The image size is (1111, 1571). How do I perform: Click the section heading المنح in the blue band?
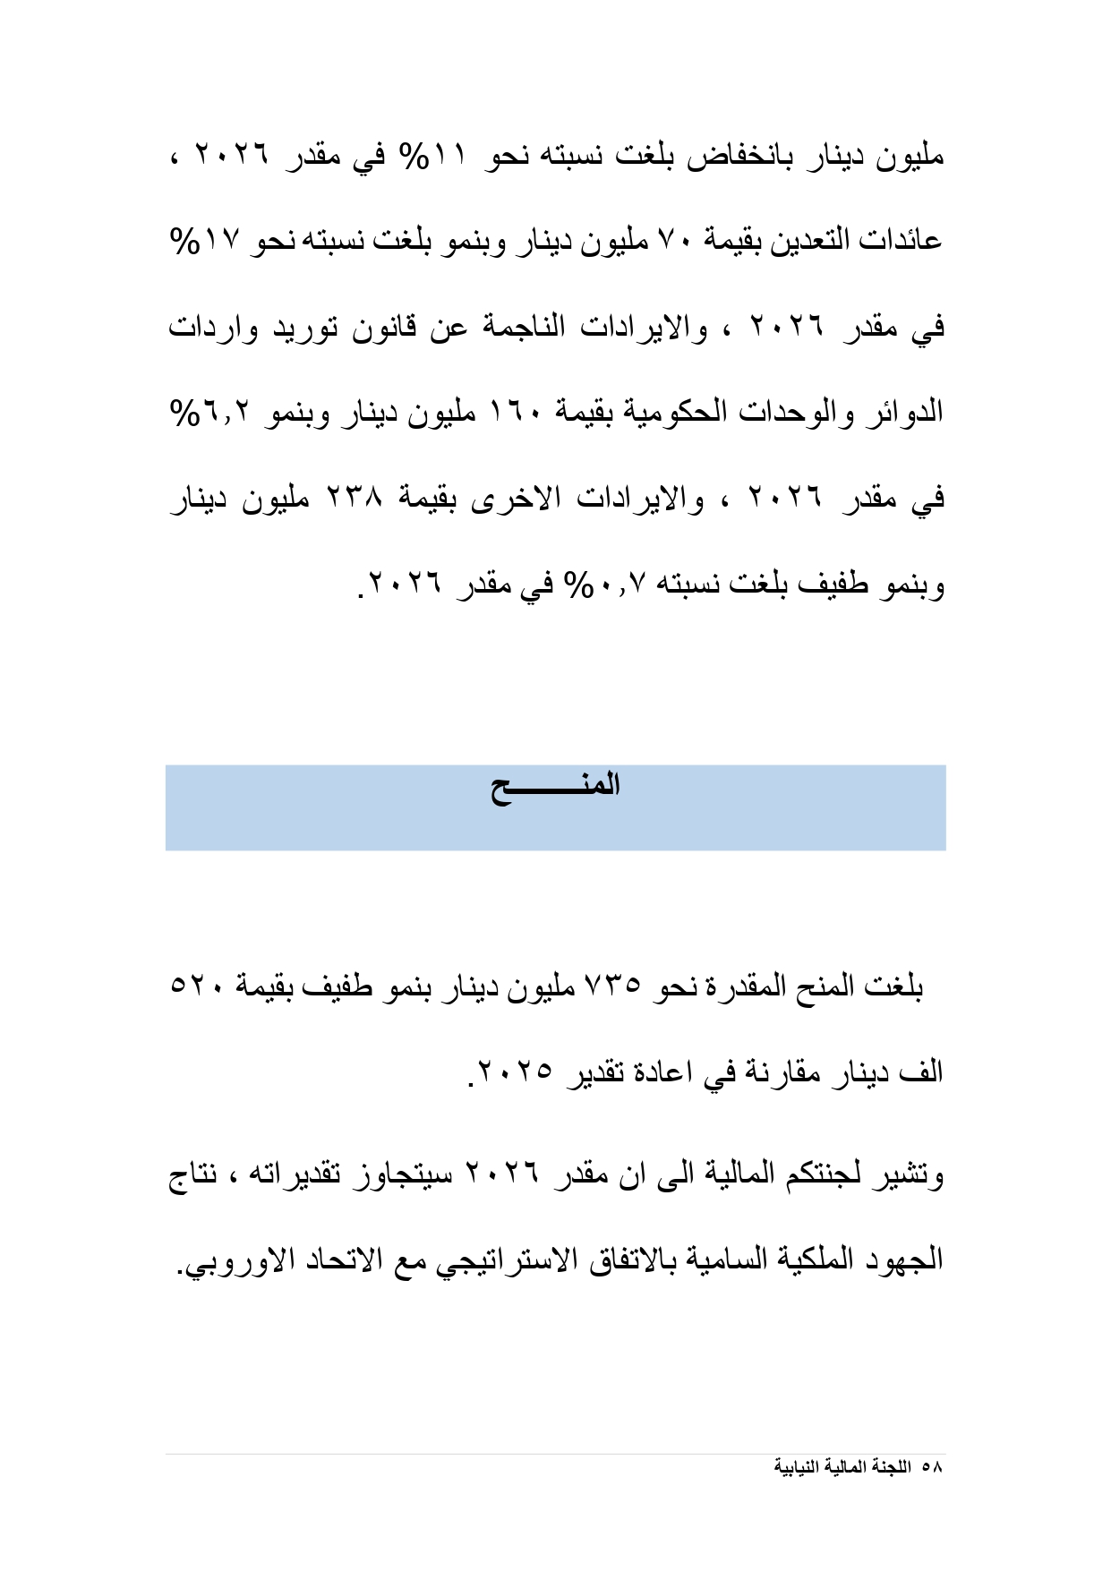(555, 788)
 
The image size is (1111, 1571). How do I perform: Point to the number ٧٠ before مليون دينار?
(671, 241)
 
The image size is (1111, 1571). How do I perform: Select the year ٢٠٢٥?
(516, 1072)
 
